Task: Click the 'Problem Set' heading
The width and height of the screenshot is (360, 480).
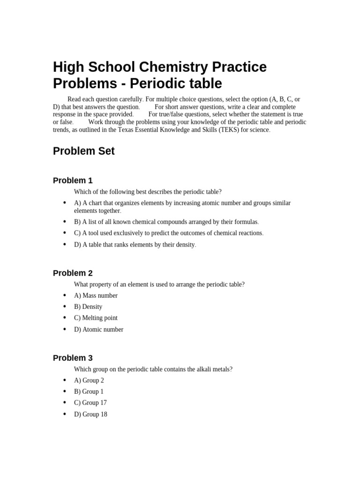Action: click(83, 151)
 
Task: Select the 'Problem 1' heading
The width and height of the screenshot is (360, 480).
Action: click(73, 180)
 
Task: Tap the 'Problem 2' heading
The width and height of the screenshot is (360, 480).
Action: click(73, 273)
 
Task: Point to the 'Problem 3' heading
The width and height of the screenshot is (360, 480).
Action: click(73, 358)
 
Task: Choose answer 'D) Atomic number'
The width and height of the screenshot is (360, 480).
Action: click(98, 330)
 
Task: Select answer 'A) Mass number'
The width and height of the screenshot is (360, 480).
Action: click(96, 296)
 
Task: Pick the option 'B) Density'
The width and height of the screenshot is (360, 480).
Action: click(88, 307)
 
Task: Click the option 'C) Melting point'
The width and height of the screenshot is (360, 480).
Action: click(96, 318)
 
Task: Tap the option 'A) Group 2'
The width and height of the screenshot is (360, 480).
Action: click(89, 381)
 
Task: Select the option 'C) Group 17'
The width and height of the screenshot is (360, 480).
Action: click(90, 403)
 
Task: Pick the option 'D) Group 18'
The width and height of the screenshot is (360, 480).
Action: click(90, 414)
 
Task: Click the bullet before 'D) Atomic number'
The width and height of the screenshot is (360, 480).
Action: click(64, 329)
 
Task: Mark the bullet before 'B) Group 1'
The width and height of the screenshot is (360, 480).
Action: click(64, 391)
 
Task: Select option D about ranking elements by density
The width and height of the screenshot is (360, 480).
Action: click(135, 245)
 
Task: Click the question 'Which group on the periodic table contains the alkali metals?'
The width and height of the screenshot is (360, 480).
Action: click(153, 369)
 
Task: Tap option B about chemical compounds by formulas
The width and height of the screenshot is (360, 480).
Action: click(166, 222)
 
